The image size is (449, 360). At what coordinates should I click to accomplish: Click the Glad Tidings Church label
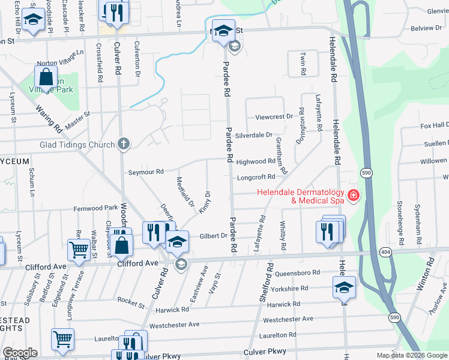click(77, 145)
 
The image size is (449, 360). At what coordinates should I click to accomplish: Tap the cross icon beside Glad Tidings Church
click(124, 144)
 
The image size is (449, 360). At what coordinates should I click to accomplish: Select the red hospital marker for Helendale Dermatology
click(354, 195)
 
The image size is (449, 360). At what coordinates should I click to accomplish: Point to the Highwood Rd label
click(256, 162)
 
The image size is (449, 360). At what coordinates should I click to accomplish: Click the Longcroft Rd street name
click(256, 177)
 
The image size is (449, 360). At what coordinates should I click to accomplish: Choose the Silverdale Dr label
click(254, 136)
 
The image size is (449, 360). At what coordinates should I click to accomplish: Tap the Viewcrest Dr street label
click(274, 116)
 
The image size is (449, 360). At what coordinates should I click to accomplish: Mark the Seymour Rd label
click(146, 172)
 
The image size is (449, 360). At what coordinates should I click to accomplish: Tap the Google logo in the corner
click(20, 353)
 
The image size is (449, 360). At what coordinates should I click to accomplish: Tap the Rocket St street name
click(131, 302)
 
